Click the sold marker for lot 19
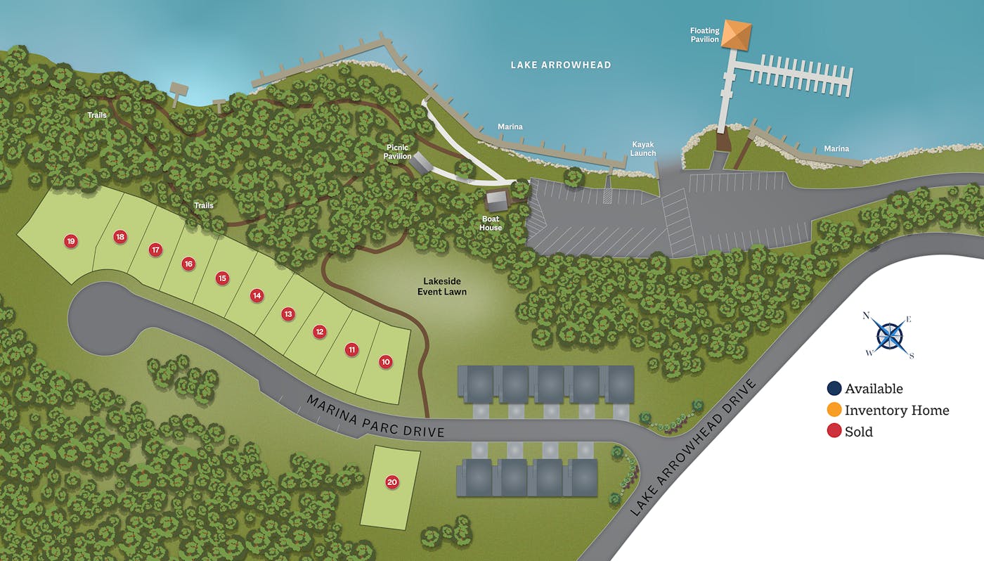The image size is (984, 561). (70, 241)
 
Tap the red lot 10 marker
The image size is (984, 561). (385, 361)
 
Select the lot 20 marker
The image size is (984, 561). (392, 482)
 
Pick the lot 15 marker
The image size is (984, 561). (222, 278)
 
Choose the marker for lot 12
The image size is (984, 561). (320, 331)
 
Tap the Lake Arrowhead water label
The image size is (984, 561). (561, 65)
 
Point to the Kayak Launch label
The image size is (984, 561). (642, 149)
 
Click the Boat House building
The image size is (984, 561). (498, 200)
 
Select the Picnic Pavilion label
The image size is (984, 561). (397, 152)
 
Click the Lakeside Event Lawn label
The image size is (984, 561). (441, 286)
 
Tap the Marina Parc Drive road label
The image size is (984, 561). (376, 415)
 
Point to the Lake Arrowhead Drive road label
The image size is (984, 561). (694, 448)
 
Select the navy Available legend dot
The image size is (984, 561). (834, 389)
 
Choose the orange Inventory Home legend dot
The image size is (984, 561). (834, 410)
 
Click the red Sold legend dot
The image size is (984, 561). (834, 431)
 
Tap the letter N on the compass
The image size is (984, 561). (867, 316)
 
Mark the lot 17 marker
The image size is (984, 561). (155, 250)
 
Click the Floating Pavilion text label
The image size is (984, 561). (704, 35)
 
